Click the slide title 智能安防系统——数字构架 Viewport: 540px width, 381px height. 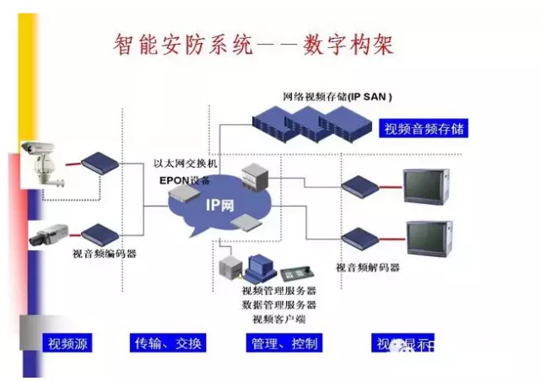click(x=254, y=45)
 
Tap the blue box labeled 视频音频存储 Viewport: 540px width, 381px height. click(x=424, y=129)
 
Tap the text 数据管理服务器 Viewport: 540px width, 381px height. click(x=279, y=304)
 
